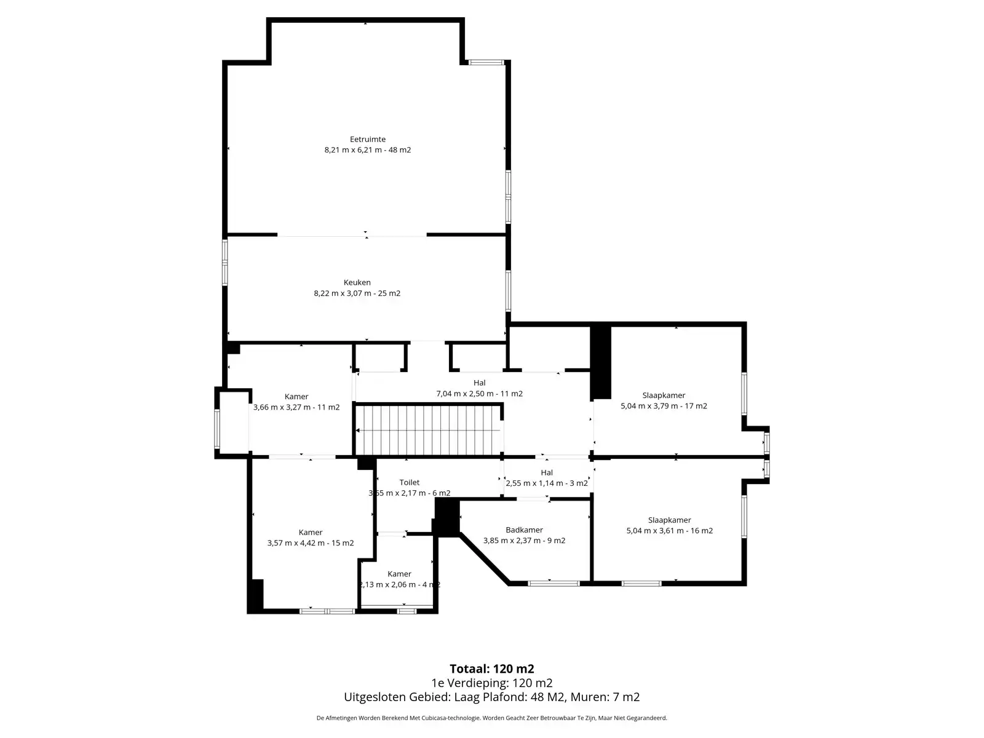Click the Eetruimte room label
pyautogui.click(x=368, y=140)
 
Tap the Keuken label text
pyautogui.click(x=357, y=282)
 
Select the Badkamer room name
pyautogui.click(x=524, y=530)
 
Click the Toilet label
pyautogui.click(x=410, y=482)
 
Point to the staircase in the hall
pyautogui.click(x=429, y=430)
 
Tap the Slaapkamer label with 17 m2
pyautogui.click(x=664, y=395)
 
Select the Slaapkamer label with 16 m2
pyautogui.click(x=669, y=520)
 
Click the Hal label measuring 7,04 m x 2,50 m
pyautogui.click(x=479, y=383)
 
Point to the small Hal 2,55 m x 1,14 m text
pyautogui.click(x=547, y=478)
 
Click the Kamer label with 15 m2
pyautogui.click(x=310, y=533)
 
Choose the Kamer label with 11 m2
pyautogui.click(x=296, y=397)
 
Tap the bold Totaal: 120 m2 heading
pyautogui.click(x=492, y=669)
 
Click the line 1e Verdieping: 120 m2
pyautogui.click(x=492, y=683)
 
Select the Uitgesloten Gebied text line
pyautogui.click(x=492, y=697)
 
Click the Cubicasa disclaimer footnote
pyautogui.click(x=492, y=718)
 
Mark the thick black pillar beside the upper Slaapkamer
pyautogui.click(x=600, y=362)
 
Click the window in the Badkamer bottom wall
pyautogui.click(x=553, y=584)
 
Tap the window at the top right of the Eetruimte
pyautogui.click(x=486, y=62)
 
